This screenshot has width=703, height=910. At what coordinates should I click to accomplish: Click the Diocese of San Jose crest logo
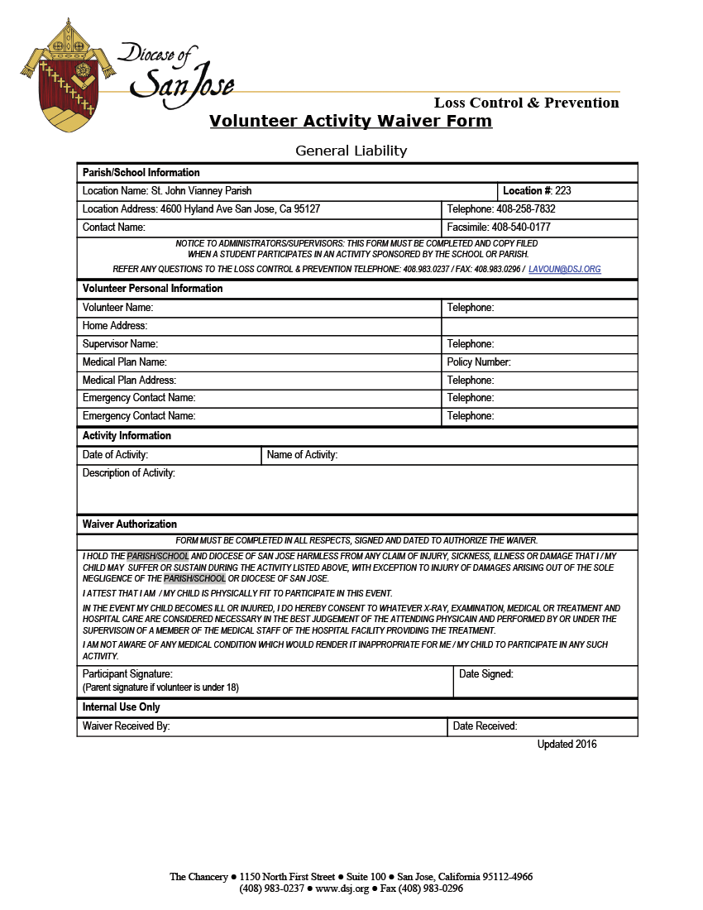(x=66, y=76)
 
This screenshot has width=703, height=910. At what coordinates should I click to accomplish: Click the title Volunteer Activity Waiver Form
(x=351, y=122)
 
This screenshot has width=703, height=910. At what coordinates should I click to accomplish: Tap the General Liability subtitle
(x=351, y=151)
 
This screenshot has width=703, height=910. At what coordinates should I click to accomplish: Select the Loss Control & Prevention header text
(x=526, y=103)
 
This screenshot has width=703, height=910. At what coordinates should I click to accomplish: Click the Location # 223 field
(x=567, y=191)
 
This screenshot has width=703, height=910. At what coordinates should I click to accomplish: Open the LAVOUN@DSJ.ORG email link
(x=564, y=270)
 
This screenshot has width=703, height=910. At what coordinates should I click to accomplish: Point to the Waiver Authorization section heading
(x=130, y=524)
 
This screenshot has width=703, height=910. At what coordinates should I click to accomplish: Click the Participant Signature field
(x=265, y=681)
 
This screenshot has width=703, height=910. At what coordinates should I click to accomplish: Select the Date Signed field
(x=546, y=681)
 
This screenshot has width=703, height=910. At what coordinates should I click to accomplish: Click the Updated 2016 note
(x=567, y=745)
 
